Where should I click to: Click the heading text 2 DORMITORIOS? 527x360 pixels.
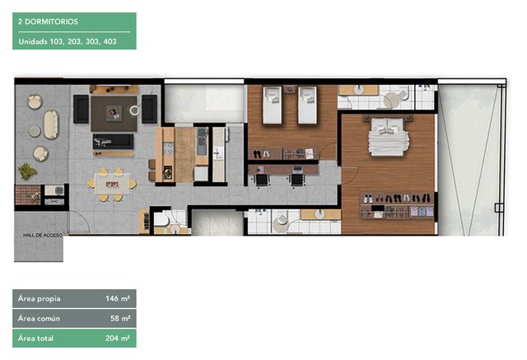(x=48, y=22)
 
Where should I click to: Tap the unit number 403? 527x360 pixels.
(x=110, y=42)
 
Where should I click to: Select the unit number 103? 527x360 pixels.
(x=56, y=42)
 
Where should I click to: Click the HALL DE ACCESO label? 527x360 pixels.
(x=43, y=235)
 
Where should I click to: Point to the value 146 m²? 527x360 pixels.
(x=118, y=298)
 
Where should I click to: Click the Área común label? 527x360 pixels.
(x=39, y=318)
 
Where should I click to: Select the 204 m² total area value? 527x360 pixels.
(x=118, y=338)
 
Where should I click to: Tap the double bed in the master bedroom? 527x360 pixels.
(x=388, y=137)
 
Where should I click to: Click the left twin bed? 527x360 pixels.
(x=273, y=105)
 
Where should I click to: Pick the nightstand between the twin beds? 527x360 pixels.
(x=290, y=89)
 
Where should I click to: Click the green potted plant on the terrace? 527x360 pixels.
(x=26, y=171)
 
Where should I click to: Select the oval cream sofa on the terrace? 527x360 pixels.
(x=51, y=124)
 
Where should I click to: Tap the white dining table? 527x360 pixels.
(x=112, y=184)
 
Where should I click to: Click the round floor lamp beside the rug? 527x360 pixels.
(x=134, y=110)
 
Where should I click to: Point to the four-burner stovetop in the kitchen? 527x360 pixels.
(x=168, y=148)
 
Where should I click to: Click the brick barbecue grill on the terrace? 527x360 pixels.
(x=27, y=195)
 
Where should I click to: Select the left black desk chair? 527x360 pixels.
(x=263, y=180)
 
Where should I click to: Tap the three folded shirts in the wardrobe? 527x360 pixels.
(x=421, y=212)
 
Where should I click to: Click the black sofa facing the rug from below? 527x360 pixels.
(x=113, y=142)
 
